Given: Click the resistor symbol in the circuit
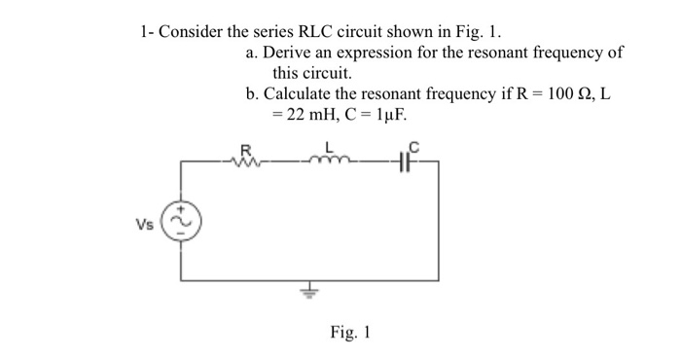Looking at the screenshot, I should [x=245, y=162].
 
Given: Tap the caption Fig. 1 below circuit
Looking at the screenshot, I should [x=349, y=333].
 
